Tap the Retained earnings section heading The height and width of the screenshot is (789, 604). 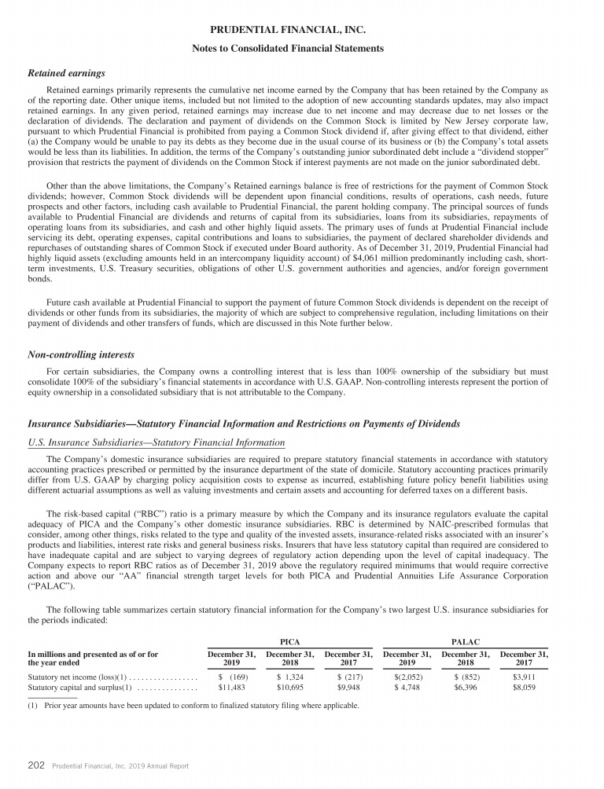pos(67,73)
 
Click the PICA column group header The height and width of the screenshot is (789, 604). pos(290,643)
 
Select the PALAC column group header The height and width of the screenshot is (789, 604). pos(466,643)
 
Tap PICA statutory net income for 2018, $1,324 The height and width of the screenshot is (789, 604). pos(290,675)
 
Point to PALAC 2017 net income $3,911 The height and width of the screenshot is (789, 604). pos(524,675)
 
